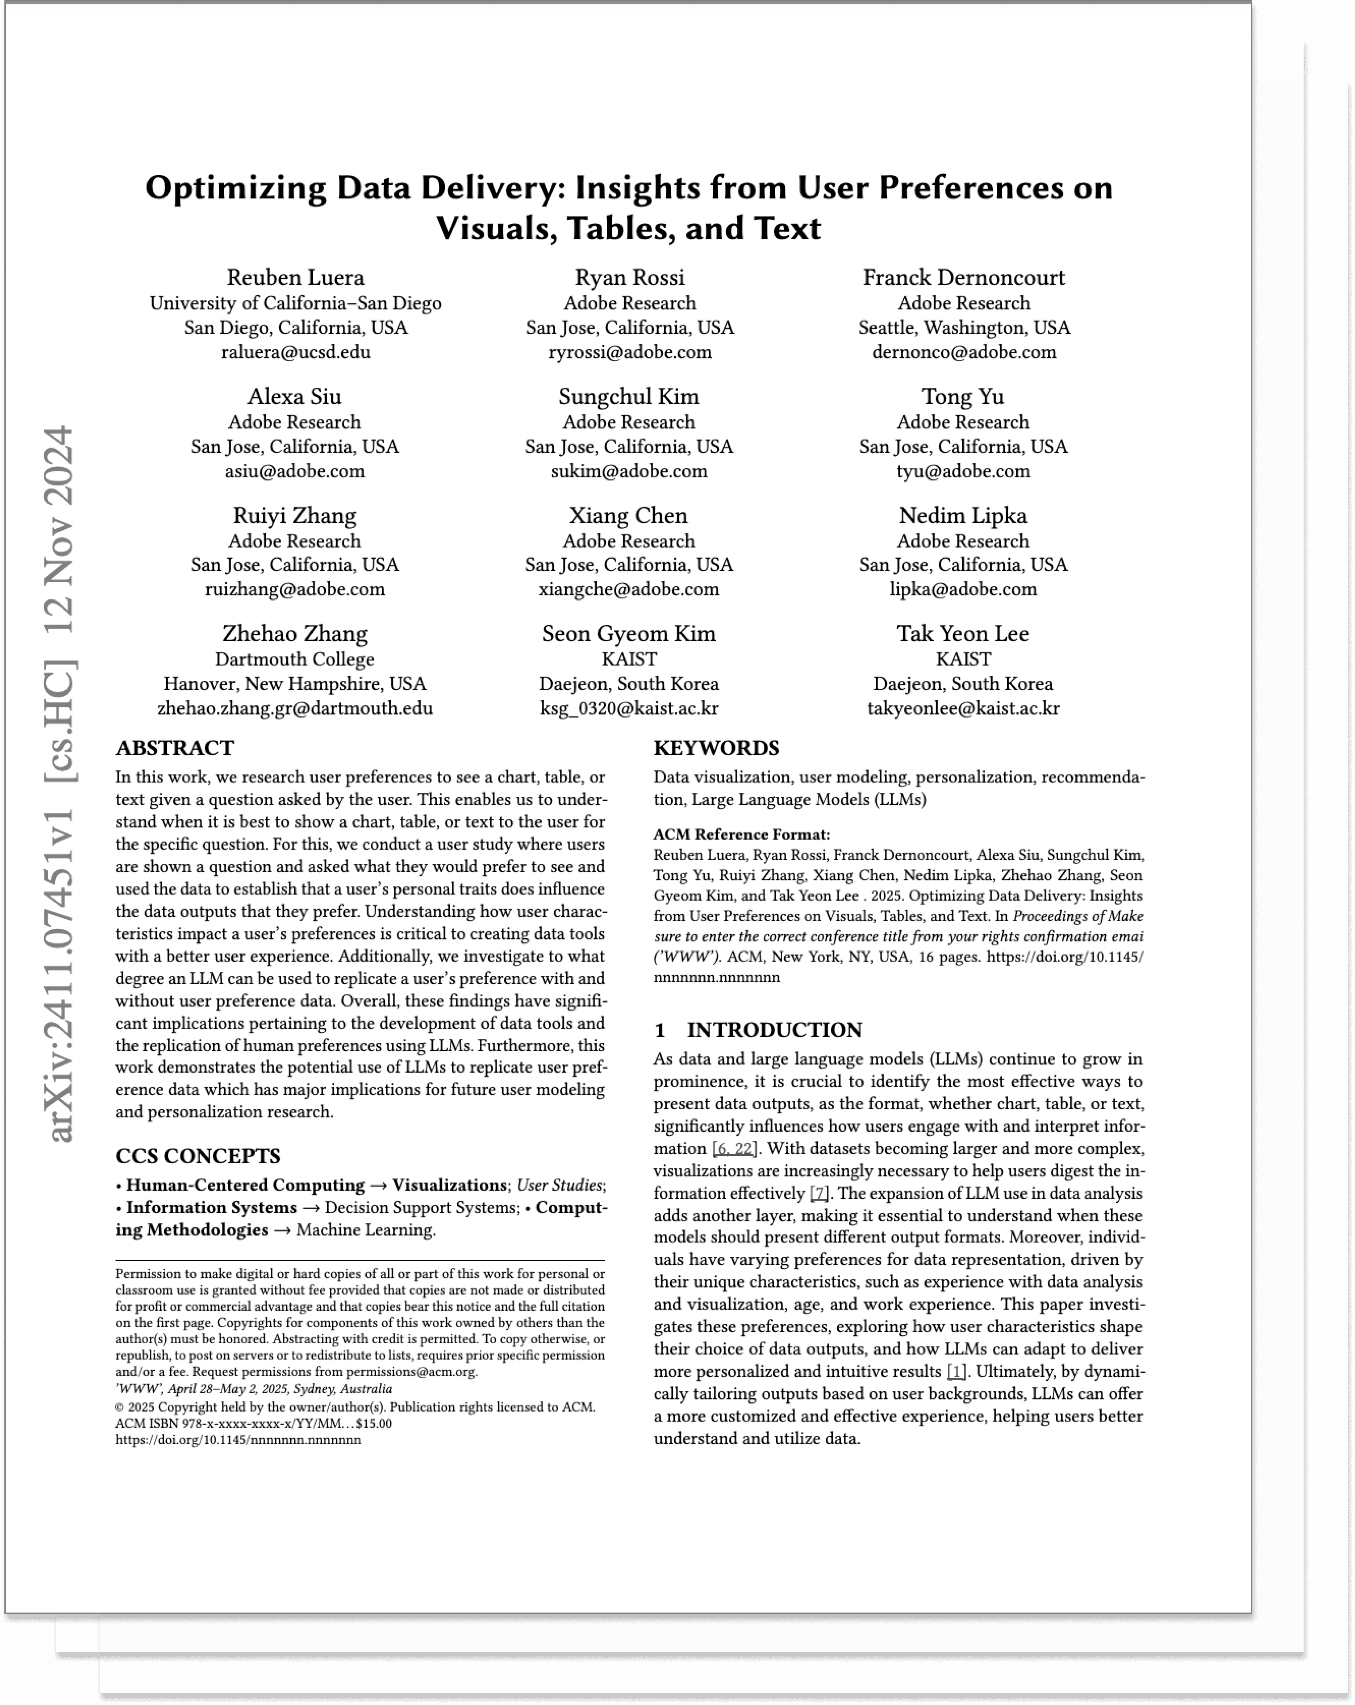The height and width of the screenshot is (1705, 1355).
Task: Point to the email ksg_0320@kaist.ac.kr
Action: [629, 709]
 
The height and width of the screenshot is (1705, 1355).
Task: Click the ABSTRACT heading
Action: [175, 748]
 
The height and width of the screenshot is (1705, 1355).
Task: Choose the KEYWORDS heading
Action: [716, 748]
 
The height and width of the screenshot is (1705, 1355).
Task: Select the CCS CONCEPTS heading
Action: [198, 1156]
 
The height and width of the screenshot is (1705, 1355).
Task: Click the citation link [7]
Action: [819, 1193]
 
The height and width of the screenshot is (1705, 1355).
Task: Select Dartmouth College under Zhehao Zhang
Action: [294, 660]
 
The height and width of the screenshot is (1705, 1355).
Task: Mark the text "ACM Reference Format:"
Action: [741, 834]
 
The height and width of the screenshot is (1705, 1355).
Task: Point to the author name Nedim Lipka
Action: [963, 516]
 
